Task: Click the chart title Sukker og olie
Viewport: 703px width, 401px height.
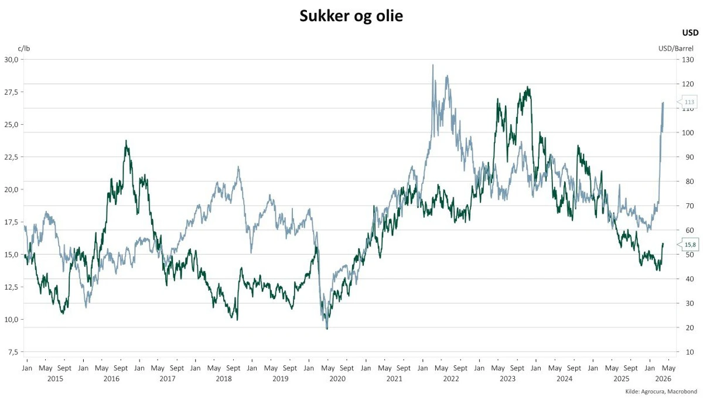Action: click(x=351, y=16)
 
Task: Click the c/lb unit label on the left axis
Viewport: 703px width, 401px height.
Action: click(x=23, y=49)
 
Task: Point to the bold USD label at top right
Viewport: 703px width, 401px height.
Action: click(x=690, y=33)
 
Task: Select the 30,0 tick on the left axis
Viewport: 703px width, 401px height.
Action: click(x=12, y=60)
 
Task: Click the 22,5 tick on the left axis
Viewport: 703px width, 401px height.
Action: click(x=12, y=157)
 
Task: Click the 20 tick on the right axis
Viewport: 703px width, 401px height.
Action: click(x=685, y=327)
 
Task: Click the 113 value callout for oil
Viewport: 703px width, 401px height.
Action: click(x=689, y=102)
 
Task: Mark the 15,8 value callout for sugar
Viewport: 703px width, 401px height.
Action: click(x=690, y=244)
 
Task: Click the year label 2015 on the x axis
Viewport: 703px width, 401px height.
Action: click(x=54, y=379)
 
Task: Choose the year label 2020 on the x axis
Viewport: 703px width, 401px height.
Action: click(x=337, y=379)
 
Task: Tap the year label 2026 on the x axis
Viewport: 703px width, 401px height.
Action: click(x=662, y=379)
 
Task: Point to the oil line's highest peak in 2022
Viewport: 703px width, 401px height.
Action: click(x=433, y=65)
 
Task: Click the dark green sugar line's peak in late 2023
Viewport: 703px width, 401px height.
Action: click(x=528, y=87)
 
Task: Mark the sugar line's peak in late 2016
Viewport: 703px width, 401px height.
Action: click(x=126, y=140)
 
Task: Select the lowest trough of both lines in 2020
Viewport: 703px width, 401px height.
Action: click(x=327, y=328)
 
